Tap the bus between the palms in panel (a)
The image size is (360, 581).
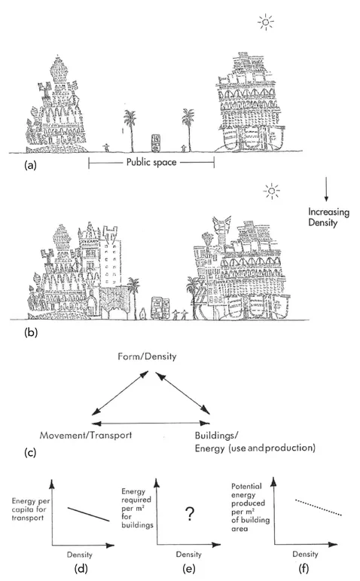click(157, 143)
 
